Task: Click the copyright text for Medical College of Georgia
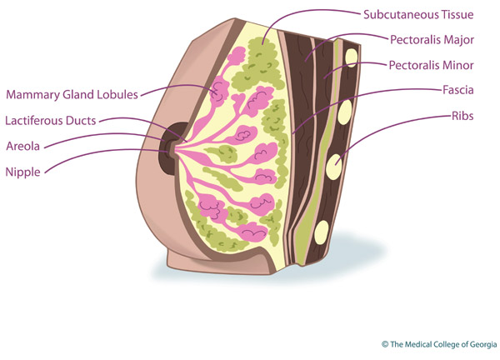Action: pyautogui.click(x=437, y=342)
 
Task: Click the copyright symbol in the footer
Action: pyautogui.click(x=385, y=342)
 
